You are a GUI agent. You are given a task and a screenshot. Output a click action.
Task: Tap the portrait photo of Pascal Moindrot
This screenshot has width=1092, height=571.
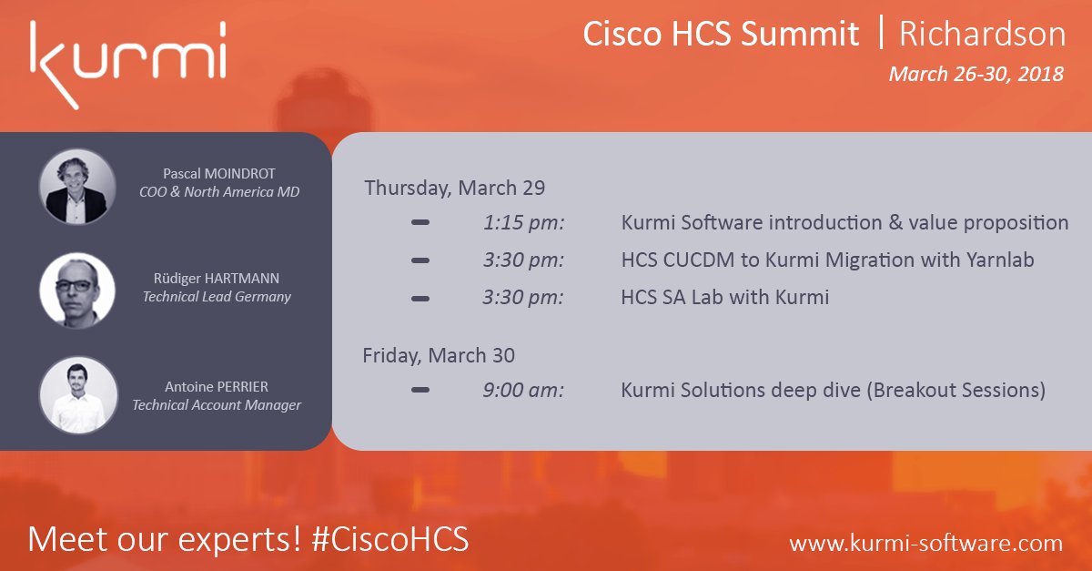coord(77,187)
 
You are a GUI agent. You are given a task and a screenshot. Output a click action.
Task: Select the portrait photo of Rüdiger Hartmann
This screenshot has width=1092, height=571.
coord(77,291)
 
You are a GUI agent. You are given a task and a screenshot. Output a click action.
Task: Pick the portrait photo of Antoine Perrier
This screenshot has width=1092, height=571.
coord(77,394)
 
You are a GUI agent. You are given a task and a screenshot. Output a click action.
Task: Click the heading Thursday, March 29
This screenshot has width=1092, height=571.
coord(455,188)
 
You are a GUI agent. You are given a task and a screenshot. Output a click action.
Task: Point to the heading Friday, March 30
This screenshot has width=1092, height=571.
coord(439,355)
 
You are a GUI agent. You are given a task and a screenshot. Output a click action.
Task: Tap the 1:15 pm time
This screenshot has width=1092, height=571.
coord(523,222)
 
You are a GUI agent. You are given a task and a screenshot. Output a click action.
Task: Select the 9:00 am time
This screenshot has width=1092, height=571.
coord(523,390)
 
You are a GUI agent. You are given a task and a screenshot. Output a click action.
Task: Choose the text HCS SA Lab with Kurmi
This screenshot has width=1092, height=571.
coord(724,297)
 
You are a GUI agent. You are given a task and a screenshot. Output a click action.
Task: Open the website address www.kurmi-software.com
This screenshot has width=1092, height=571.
coord(925,543)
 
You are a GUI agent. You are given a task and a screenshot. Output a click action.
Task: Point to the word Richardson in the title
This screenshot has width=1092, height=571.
coord(982,34)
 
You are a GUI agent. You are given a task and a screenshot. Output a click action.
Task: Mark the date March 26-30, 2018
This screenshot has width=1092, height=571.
coord(976,74)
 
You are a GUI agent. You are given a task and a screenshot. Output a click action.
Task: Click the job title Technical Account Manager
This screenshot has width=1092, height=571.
coord(217,405)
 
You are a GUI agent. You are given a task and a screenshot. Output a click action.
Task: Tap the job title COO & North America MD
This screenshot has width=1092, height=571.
coord(217,191)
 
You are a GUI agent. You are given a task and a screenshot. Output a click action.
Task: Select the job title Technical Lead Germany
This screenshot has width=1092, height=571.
coord(217,297)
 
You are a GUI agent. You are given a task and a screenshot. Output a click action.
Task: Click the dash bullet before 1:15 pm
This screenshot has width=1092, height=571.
coord(420,222)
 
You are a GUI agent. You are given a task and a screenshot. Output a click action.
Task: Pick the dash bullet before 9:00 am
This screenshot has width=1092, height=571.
coord(420,390)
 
